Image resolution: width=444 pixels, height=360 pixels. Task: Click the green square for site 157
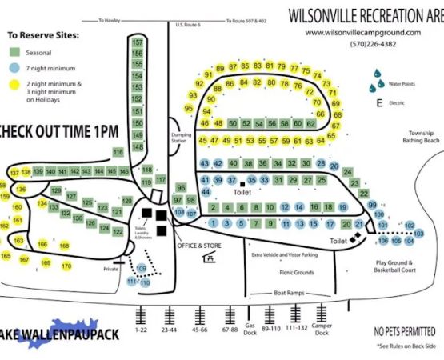pos(138,42)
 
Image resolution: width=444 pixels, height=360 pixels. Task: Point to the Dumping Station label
pos(181,137)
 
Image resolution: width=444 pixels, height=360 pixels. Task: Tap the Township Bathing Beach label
pos(420,137)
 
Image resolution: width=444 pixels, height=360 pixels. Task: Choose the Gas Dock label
pos(250,331)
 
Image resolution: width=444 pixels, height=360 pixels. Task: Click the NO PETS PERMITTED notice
pos(405,331)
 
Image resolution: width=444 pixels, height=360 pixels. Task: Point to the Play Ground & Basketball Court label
pos(397,266)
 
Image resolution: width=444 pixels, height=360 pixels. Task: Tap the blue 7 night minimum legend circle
pos(14,70)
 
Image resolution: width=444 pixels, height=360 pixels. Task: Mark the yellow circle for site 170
pos(66,266)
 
